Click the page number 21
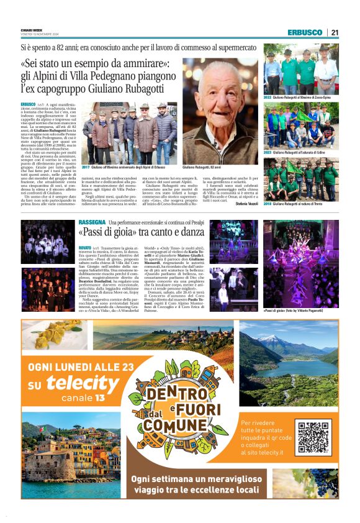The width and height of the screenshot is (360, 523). click(335, 32)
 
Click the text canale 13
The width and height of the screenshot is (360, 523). click(82, 398)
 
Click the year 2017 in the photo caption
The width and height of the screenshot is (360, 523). click(86, 168)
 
